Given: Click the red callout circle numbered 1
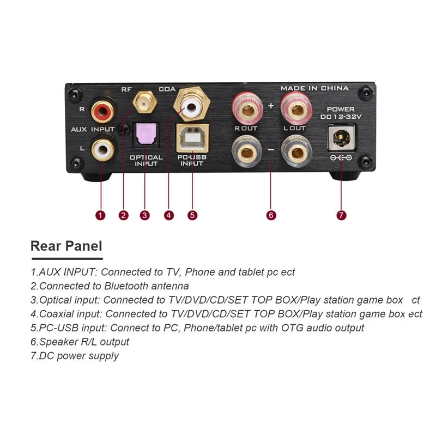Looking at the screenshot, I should pos(100,215).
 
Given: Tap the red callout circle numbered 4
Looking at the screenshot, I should pos(169,215).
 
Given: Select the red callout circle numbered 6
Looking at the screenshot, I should pos(271,215).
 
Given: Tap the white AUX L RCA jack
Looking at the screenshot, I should pos(102,148).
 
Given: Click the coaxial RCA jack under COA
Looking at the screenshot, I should pos(190,106).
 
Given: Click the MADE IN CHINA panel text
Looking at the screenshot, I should pos(314,88).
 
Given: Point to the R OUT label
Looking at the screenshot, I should pos(246,129).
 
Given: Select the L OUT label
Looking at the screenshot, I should pos(295,129).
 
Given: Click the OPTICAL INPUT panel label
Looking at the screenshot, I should pos(146,160).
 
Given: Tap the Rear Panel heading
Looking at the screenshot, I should pos(66,246).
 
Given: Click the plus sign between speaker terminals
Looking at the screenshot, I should pos(271,105).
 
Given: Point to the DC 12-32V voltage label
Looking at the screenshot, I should pos(341,117).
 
